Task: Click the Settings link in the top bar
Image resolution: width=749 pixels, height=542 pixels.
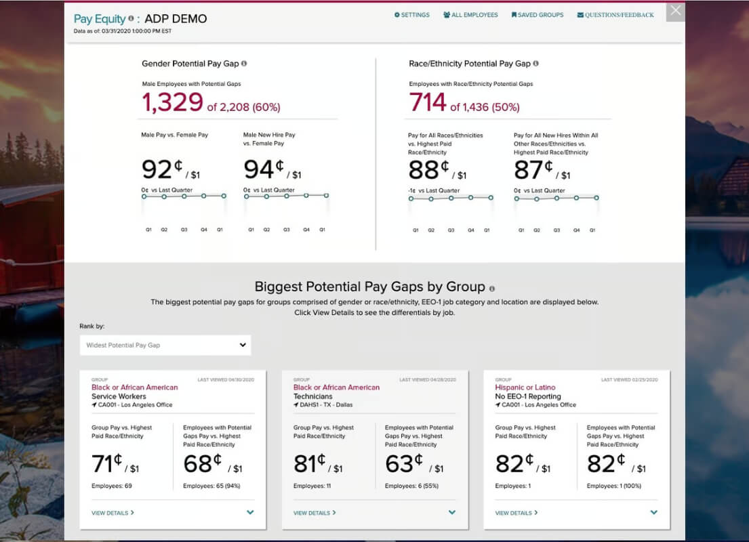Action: [411, 15]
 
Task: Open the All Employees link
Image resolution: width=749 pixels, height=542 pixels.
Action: [470, 15]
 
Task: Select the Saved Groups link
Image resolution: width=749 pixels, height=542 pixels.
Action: [538, 15]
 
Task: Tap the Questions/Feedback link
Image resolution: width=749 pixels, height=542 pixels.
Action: [615, 15]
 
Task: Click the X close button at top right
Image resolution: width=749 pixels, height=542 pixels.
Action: [675, 11]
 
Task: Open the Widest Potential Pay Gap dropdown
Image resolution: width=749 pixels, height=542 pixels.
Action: [165, 345]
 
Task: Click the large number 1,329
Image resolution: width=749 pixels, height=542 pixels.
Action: [173, 102]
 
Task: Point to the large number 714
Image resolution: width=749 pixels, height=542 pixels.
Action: [428, 102]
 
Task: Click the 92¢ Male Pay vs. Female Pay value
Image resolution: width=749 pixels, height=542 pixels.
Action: [162, 169]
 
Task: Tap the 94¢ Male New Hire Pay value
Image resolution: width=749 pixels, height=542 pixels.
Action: [264, 169]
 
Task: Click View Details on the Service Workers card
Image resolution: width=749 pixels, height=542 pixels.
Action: [113, 513]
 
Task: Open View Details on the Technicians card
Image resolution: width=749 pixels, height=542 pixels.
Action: [315, 513]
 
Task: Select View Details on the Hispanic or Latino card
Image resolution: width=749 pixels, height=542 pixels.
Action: [517, 513]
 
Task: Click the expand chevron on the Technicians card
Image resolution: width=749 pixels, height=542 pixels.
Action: [452, 512]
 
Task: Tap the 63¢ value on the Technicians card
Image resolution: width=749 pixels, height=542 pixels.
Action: [404, 463]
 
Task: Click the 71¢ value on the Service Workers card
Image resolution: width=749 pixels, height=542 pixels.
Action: [107, 463]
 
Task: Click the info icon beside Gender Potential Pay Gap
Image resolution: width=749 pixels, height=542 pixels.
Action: [244, 64]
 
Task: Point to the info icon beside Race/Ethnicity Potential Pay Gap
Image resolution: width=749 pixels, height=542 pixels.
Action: [536, 64]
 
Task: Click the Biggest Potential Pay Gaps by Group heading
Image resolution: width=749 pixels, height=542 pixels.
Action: [369, 287]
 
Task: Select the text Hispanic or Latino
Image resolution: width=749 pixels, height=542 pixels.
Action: [525, 388]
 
